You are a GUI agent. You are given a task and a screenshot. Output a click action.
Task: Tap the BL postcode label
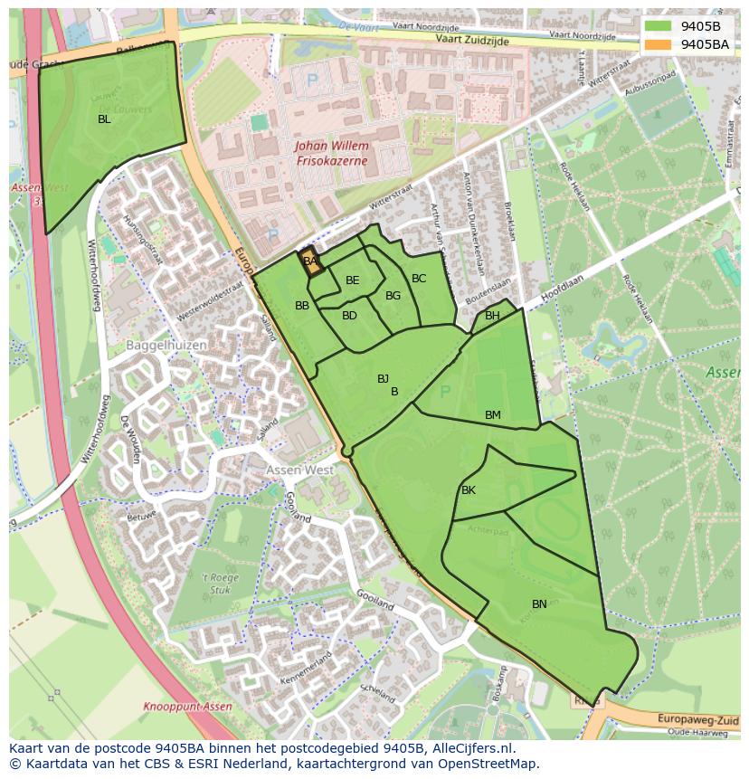point(104,119)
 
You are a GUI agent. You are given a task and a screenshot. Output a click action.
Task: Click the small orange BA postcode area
point(310,261)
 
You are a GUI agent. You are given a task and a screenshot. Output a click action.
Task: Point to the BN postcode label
point(539,604)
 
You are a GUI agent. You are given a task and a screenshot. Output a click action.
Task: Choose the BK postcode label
point(469,490)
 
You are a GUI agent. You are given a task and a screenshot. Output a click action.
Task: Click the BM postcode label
point(492,415)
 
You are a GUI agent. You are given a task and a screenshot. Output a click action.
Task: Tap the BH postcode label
point(492,316)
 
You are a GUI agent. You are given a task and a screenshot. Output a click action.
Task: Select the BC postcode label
point(419,279)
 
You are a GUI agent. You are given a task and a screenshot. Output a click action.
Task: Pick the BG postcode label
point(393,296)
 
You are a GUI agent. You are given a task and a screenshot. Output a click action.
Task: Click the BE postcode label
point(353,280)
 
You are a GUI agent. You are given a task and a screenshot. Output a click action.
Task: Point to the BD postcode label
point(349,316)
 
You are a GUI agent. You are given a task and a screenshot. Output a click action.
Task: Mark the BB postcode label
point(302,306)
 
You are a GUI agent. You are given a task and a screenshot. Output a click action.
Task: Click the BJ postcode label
point(384,379)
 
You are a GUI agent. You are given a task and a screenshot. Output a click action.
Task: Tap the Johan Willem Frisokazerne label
point(332,153)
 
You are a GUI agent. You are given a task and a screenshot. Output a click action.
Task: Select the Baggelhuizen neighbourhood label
point(166,346)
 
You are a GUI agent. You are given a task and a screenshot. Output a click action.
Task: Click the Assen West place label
point(299,470)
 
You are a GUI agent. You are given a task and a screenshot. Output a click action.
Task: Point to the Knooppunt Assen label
point(187,707)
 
